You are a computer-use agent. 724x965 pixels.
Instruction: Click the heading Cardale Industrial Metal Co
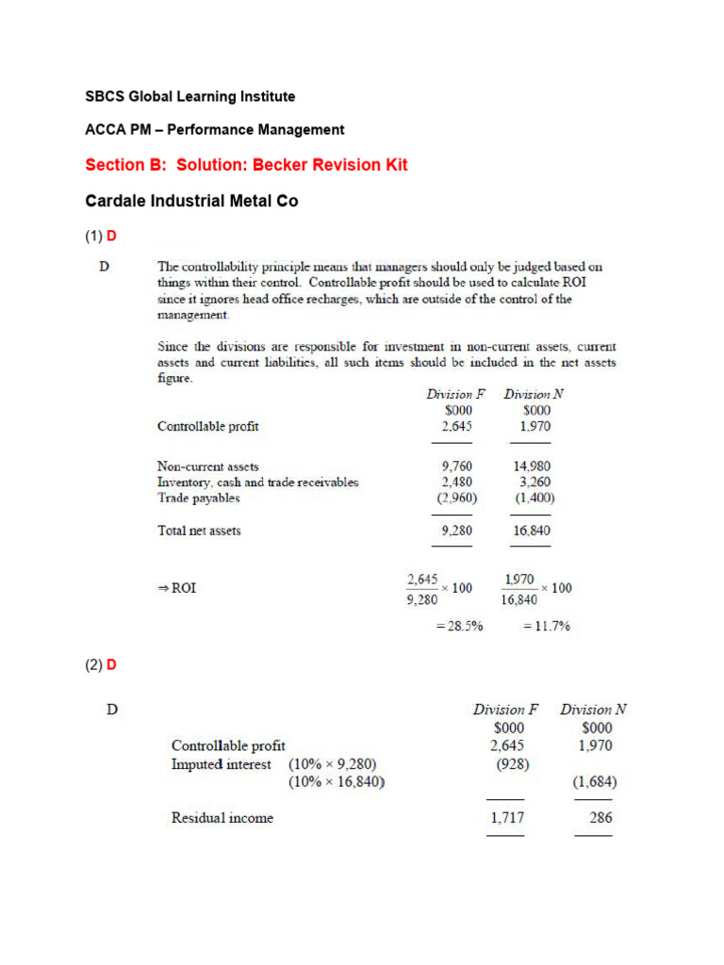[x=191, y=201]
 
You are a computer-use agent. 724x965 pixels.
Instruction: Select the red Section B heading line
[x=246, y=165]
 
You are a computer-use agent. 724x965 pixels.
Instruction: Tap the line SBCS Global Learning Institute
[x=189, y=96]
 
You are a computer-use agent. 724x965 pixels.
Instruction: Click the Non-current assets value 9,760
[x=456, y=466]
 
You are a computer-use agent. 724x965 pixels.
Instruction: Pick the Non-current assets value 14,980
[x=531, y=466]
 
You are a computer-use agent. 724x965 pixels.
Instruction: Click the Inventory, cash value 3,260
[x=535, y=482]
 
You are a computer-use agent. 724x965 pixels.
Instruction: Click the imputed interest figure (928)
[x=513, y=764]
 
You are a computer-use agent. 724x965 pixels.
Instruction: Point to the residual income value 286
[x=601, y=818]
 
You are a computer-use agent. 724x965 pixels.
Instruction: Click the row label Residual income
[x=222, y=818]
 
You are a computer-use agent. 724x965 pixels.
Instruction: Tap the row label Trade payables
[x=199, y=498]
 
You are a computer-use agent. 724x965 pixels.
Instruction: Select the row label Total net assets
[x=199, y=531]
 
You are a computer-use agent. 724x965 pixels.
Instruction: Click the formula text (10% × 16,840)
[x=337, y=782]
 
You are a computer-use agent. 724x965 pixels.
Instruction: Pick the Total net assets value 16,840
[x=531, y=531]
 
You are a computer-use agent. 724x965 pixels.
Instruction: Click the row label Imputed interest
[x=222, y=764]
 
